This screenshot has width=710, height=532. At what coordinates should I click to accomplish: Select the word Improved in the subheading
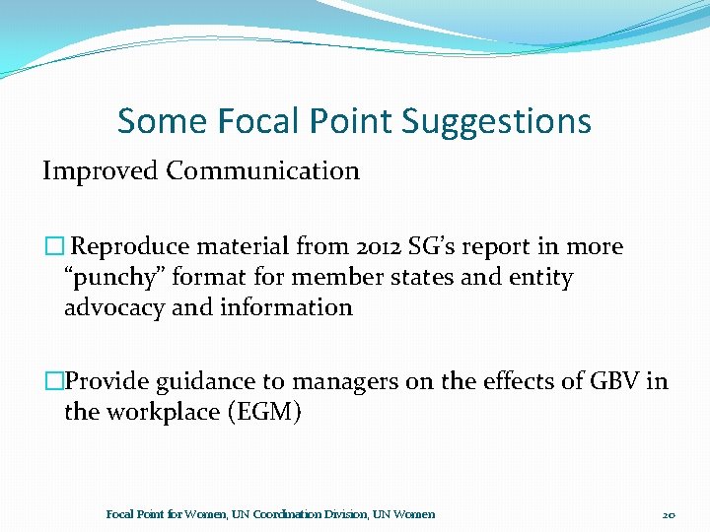point(100,170)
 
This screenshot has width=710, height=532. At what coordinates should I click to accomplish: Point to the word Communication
point(263,170)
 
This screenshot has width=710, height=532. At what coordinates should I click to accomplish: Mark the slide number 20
point(669,514)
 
